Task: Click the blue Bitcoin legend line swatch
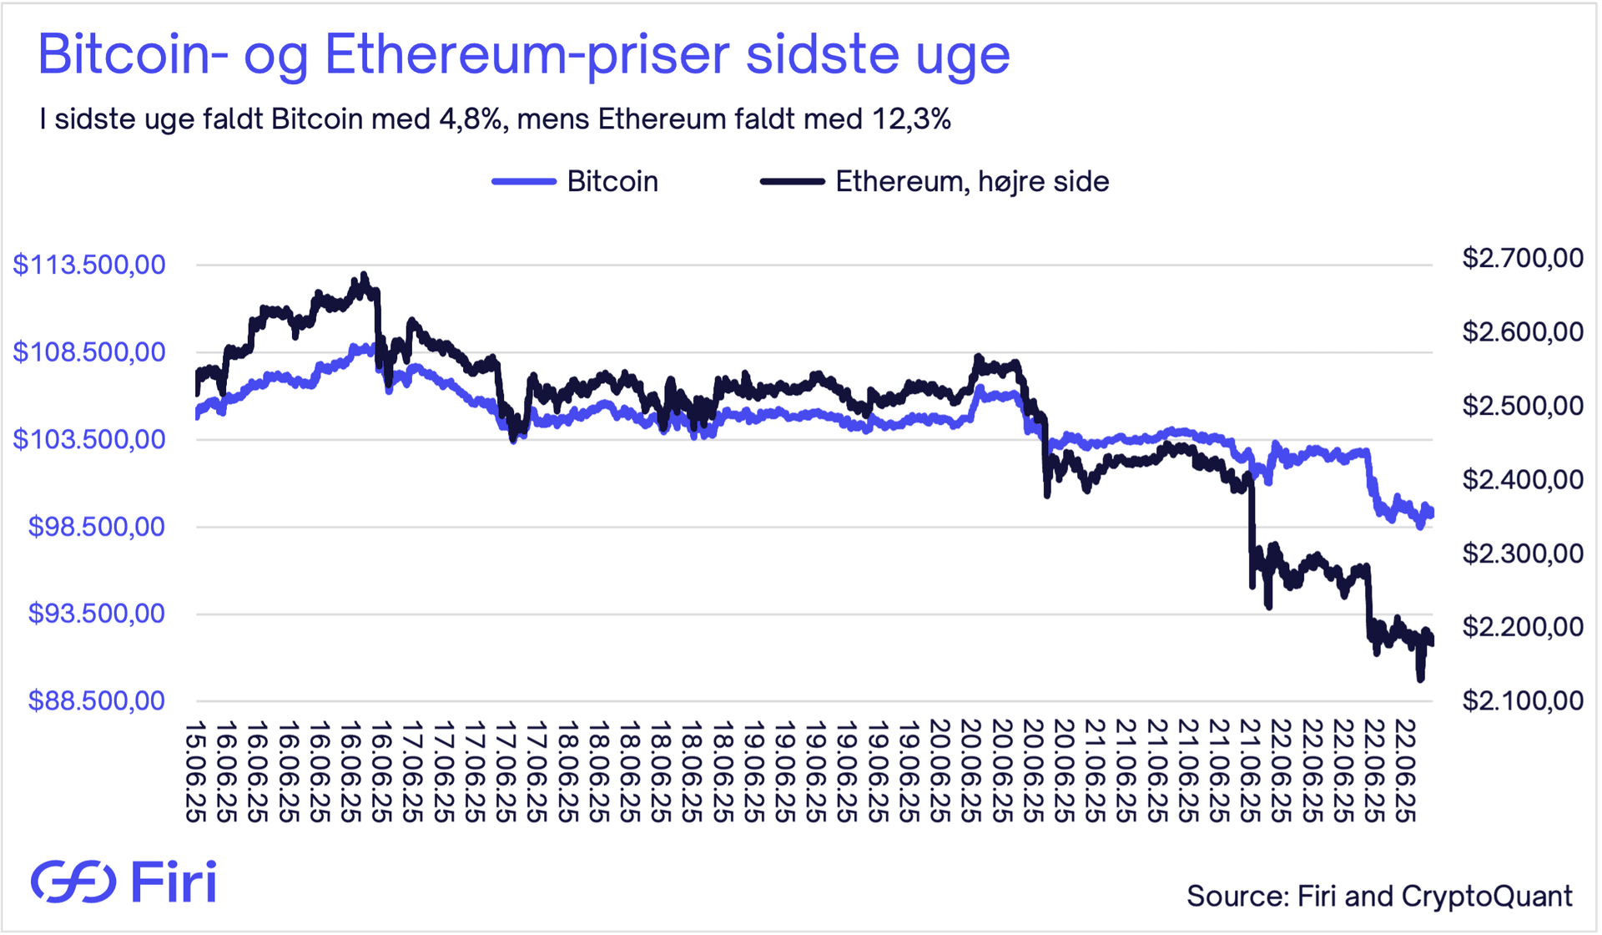[x=524, y=181]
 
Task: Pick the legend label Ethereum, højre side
[x=972, y=181]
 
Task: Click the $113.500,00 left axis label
[x=89, y=265]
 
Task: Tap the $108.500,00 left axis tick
[x=89, y=351]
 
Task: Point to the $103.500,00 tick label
[x=89, y=438]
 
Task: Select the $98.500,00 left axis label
[x=97, y=526]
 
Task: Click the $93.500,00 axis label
[x=97, y=613]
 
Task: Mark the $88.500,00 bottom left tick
[x=97, y=700]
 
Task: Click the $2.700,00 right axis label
[x=1522, y=258]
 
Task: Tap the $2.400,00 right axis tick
[x=1522, y=479]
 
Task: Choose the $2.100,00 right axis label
[x=1522, y=700]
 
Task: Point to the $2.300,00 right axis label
[x=1522, y=553]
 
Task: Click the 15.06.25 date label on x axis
[x=195, y=772]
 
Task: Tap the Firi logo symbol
[x=73, y=882]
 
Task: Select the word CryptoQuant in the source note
[x=1487, y=896]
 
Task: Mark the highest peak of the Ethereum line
[x=363, y=275]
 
